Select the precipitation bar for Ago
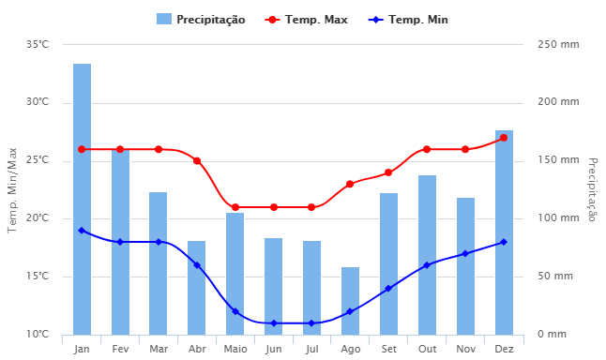(x=350, y=301)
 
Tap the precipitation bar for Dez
(x=504, y=232)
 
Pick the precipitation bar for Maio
(x=235, y=274)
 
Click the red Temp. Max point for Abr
(x=197, y=160)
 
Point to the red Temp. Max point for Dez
(x=504, y=138)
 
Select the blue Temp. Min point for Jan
(x=83, y=230)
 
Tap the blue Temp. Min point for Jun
(x=274, y=323)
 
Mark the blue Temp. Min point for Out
(x=427, y=265)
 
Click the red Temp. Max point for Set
(x=388, y=172)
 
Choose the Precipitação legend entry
(x=201, y=19)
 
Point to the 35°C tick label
(x=38, y=45)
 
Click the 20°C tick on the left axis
(x=38, y=218)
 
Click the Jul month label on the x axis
(x=311, y=349)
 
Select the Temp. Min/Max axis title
(x=12, y=189)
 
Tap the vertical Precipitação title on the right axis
(x=592, y=189)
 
